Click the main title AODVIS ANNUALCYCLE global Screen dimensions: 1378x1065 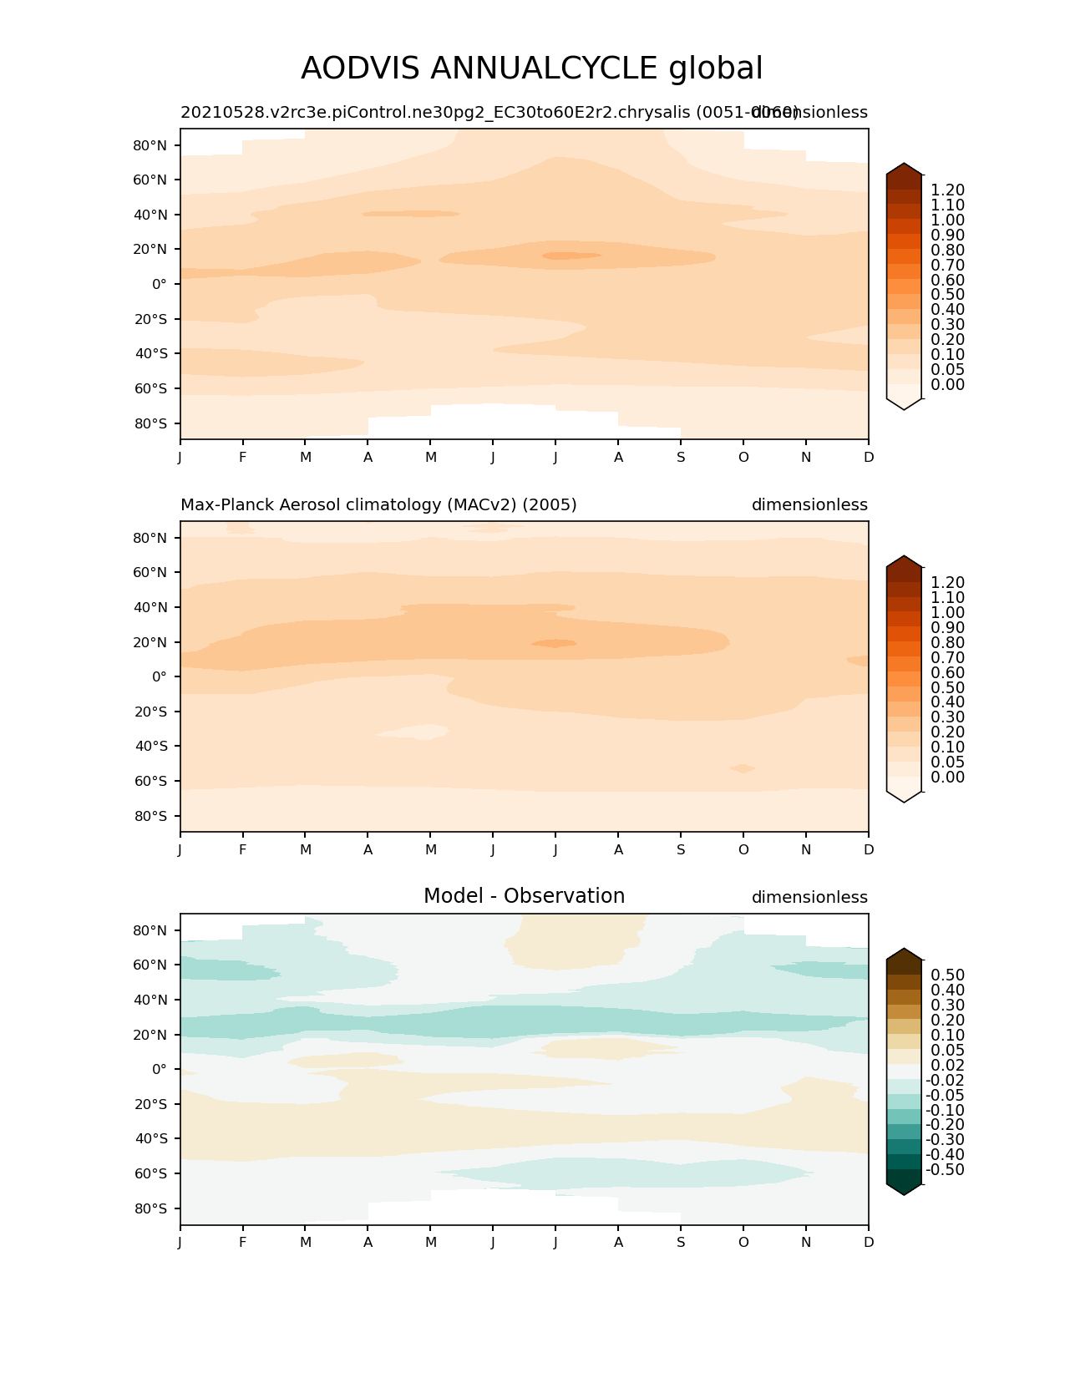click(531, 68)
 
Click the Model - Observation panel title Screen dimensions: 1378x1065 click(524, 896)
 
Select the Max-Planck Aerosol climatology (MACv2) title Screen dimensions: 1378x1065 click(378, 505)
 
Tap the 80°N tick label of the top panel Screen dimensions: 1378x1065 click(150, 145)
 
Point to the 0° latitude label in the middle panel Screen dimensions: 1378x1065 click(159, 676)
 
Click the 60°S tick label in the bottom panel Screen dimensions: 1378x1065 click(150, 1173)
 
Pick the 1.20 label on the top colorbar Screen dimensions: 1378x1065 click(947, 190)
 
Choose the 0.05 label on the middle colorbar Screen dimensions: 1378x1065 click(947, 762)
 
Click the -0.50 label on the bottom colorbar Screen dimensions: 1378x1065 click(945, 1169)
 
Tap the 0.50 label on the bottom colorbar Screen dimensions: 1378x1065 click(947, 975)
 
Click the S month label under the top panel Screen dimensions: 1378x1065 click(681, 457)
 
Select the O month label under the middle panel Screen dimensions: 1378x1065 click(743, 849)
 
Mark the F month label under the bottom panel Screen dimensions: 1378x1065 click(243, 1242)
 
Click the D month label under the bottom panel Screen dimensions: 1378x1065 click(869, 1242)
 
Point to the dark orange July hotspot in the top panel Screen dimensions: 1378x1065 click(571, 256)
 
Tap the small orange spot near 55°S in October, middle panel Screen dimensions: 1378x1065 click(742, 768)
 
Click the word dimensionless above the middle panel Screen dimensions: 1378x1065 click(809, 505)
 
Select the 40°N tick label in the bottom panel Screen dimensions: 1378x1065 click(150, 1000)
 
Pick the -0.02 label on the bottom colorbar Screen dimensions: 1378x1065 click(945, 1080)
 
